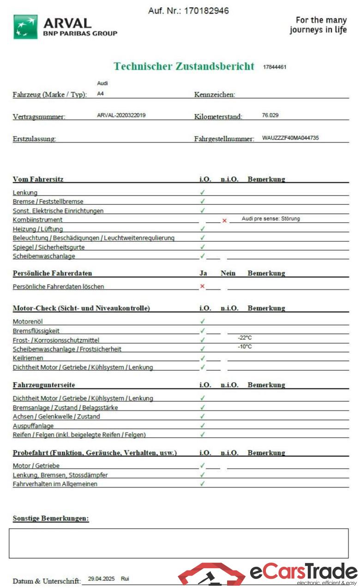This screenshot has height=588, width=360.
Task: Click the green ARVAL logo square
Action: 25,27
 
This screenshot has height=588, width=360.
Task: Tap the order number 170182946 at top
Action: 206,11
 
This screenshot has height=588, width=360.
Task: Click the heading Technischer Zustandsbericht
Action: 184,66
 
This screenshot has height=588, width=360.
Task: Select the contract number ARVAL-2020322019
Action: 121,115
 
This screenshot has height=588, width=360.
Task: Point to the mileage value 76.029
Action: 270,115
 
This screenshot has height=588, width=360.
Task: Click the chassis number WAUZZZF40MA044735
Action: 290,138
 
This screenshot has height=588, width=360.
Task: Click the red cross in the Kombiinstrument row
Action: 224,220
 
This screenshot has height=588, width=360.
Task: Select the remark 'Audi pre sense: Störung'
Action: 270,219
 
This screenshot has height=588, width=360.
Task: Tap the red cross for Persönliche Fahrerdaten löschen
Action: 202,286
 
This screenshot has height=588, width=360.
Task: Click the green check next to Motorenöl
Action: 203,321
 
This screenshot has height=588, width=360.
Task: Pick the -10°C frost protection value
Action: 245,346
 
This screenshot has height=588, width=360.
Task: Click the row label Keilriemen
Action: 28,358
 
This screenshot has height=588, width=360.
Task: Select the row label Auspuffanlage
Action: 33,426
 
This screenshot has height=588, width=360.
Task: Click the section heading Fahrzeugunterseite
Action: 44,385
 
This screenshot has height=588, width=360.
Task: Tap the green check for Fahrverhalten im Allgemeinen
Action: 203,484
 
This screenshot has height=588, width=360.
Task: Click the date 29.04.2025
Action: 101,578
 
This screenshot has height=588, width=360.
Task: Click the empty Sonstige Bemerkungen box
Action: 179,543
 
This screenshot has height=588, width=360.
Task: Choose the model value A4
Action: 101,93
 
